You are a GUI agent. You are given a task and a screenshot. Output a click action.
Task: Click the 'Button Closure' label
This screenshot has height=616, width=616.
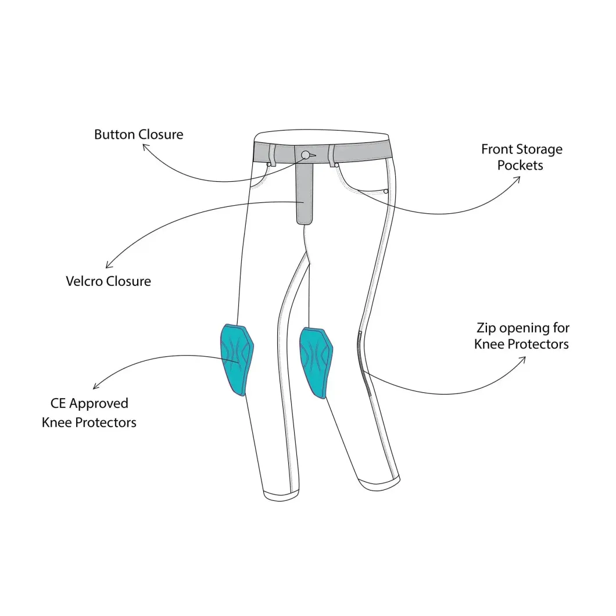pyautogui.click(x=139, y=134)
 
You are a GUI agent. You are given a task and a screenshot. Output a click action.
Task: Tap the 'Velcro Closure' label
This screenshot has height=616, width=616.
pyautogui.click(x=109, y=281)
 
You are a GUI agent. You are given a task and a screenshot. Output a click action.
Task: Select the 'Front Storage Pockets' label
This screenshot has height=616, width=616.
pyautogui.click(x=522, y=157)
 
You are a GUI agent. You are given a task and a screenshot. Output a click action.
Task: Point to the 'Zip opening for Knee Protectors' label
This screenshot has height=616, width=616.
pyautogui.click(x=522, y=336)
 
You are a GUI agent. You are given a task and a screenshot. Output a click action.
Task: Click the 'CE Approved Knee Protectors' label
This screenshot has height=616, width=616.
pyautogui.click(x=89, y=413)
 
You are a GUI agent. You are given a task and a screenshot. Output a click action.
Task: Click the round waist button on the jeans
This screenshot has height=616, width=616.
pyautogui.click(x=306, y=155)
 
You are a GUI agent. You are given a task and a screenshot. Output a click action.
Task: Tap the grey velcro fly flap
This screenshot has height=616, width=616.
pyautogui.click(x=304, y=192)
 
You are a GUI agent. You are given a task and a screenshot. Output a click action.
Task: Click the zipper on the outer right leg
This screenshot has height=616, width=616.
pyautogui.click(x=365, y=363)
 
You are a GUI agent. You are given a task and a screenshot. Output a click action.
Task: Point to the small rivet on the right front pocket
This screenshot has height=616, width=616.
pyautogui.click(x=386, y=191)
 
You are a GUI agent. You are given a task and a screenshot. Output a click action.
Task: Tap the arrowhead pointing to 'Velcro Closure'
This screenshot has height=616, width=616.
pyautogui.click(x=109, y=265)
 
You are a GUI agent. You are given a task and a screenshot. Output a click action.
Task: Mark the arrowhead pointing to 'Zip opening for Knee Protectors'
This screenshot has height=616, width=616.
pyautogui.click(x=522, y=360)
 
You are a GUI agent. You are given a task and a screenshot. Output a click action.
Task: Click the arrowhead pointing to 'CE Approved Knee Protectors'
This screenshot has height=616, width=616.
pyautogui.click(x=95, y=386)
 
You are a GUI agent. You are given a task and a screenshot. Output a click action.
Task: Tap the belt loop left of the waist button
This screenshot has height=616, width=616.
pyautogui.click(x=271, y=153)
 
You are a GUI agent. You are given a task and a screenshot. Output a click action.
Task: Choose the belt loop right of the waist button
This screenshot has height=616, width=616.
pyautogui.click(x=332, y=155)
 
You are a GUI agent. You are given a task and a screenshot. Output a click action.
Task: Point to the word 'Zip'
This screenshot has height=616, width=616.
pyautogui.click(x=486, y=328)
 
